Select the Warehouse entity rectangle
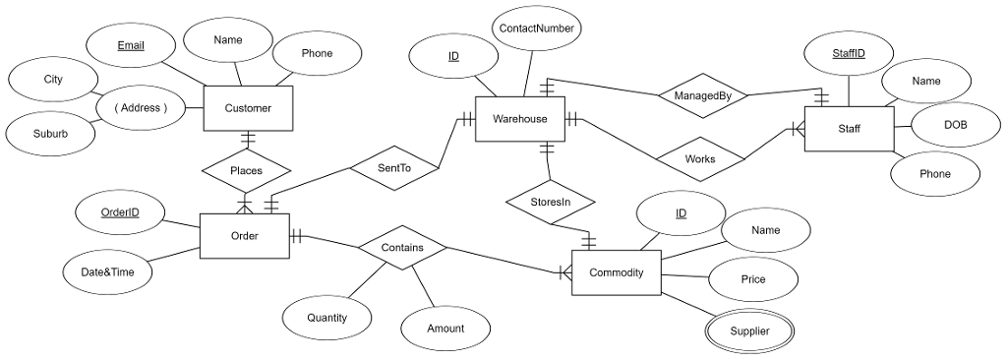coord(519,119)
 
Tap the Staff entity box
coord(849,128)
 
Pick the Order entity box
coord(245,236)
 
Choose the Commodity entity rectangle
coord(616,272)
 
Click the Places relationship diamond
coord(246,171)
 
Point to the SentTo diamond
coord(393,168)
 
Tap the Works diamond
coord(700,157)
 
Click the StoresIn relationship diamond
coord(551,202)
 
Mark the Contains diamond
coord(402,248)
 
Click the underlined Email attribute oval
coord(130,45)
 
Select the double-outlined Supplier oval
coord(749,331)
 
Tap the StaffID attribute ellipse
coord(849,53)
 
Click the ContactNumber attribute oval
coord(536,29)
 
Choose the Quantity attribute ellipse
coord(326,318)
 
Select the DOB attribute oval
coord(955,125)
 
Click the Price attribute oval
coord(753,279)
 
